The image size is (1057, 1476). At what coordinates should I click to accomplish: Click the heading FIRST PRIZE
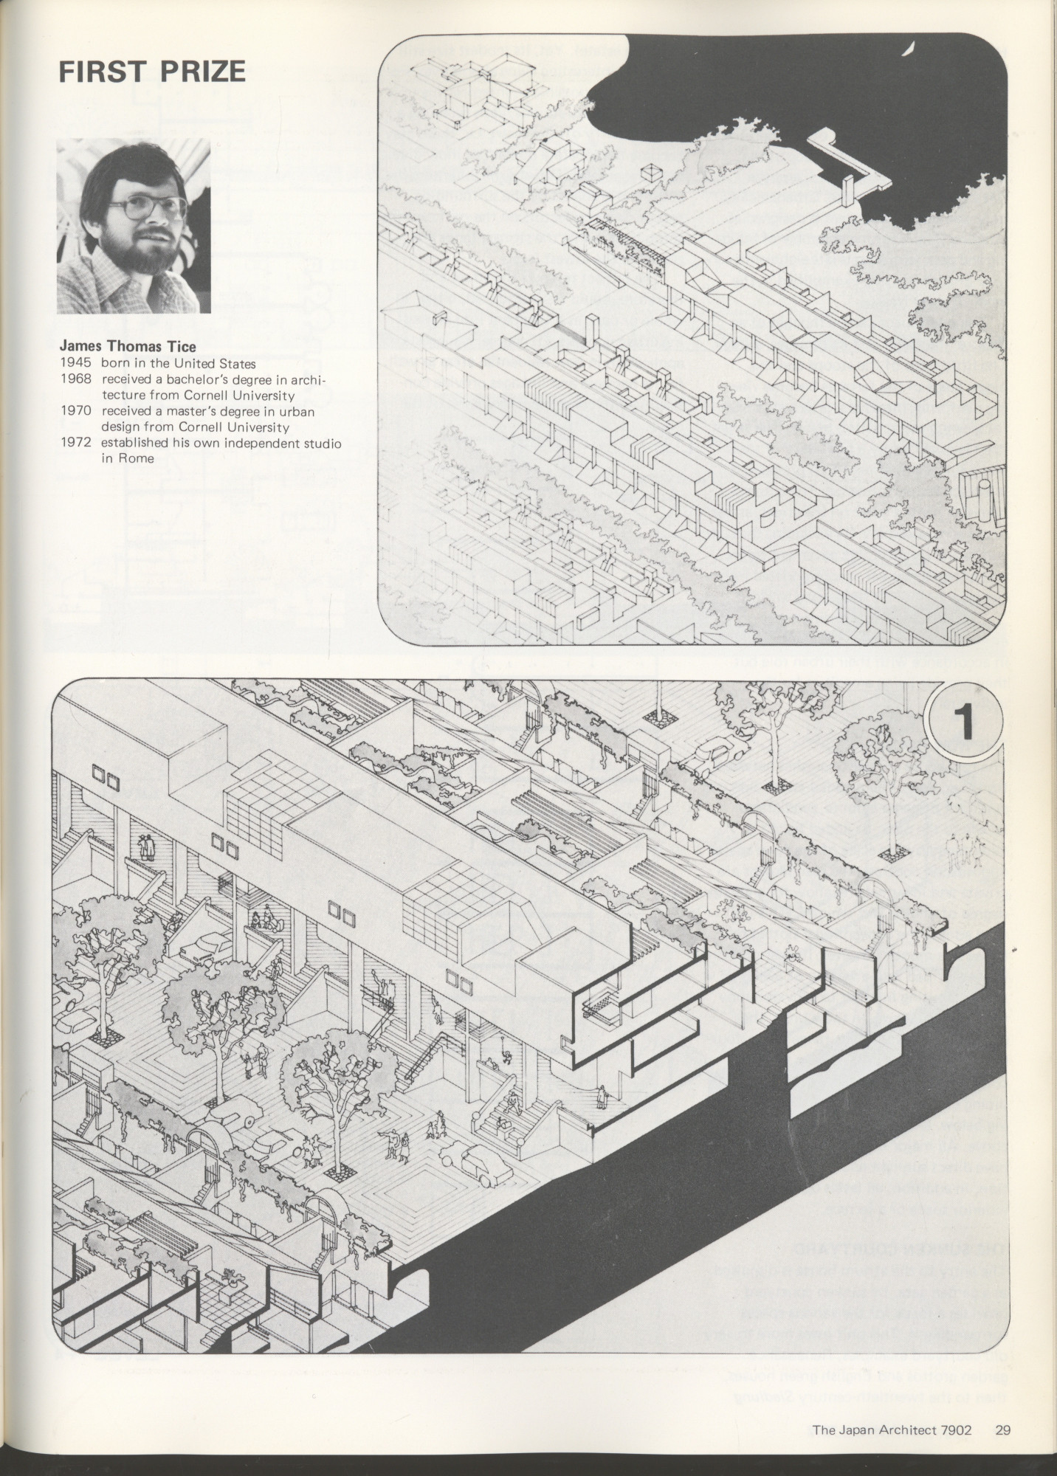(x=151, y=72)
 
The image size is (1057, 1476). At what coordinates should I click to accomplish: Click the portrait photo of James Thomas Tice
(x=134, y=227)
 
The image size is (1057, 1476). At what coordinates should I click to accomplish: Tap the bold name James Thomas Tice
(x=128, y=346)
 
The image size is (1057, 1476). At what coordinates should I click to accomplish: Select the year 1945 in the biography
(x=75, y=363)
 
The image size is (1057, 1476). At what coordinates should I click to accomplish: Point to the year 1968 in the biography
(x=75, y=379)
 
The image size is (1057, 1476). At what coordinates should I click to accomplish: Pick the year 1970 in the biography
(x=75, y=412)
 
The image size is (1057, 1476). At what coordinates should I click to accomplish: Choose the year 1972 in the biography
(x=75, y=444)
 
